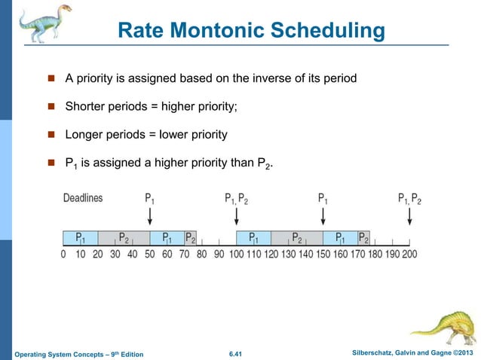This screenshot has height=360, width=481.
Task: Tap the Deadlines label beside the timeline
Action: (x=82, y=199)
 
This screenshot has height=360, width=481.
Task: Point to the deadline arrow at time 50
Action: (x=151, y=216)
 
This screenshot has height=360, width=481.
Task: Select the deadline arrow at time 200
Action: (x=409, y=216)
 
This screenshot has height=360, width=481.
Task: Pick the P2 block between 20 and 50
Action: (x=124, y=238)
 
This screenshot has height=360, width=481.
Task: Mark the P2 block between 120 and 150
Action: (x=296, y=238)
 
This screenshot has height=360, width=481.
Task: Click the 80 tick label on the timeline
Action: (x=201, y=255)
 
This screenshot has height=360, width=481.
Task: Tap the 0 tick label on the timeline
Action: (x=63, y=255)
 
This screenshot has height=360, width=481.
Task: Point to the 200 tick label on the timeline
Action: (x=409, y=255)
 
